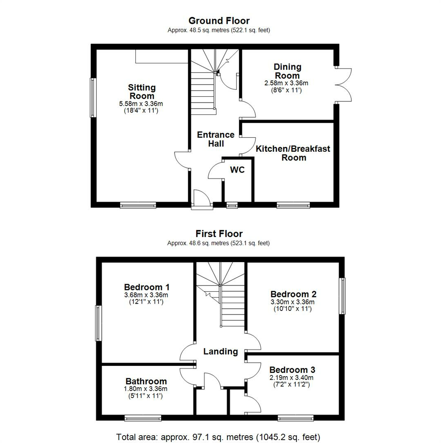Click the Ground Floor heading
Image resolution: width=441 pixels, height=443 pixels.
click(x=219, y=21)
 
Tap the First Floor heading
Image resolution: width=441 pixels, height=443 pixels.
click(x=219, y=234)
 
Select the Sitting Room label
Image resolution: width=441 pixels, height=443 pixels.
click(x=142, y=91)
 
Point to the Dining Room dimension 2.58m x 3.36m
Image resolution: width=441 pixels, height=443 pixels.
click(x=286, y=83)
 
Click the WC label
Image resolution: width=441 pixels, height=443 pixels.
click(x=237, y=170)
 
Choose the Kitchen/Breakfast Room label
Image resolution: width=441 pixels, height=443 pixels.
click(x=293, y=153)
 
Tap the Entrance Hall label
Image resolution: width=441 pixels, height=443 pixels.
click(x=216, y=139)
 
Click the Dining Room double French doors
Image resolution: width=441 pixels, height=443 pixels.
click(x=343, y=85)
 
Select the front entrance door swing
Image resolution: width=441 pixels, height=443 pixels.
click(x=202, y=199)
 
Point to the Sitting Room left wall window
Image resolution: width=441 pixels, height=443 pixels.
click(x=93, y=98)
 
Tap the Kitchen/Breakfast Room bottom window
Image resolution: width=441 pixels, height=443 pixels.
click(x=293, y=206)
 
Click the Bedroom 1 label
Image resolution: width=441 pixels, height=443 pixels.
click(x=147, y=287)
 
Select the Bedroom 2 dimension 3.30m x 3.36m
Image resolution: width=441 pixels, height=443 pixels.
click(x=293, y=302)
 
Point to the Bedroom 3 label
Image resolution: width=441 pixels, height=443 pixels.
click(x=292, y=370)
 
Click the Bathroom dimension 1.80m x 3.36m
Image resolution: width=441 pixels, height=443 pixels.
click(x=145, y=389)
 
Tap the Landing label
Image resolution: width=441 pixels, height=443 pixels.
click(x=221, y=352)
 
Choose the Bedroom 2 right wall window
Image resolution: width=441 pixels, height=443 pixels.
click(x=342, y=296)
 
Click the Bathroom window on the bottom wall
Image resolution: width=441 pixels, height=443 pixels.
click(x=143, y=418)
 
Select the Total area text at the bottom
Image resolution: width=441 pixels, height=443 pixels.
click(x=218, y=437)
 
